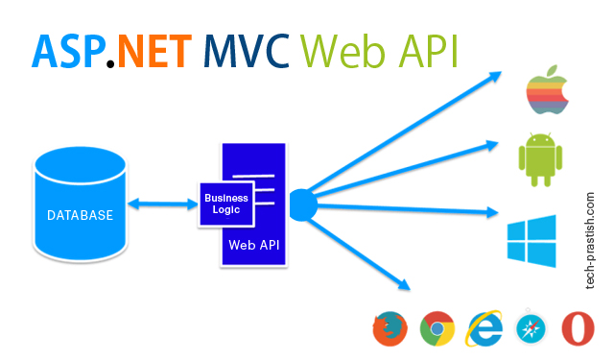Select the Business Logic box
pyautogui.click(x=226, y=204)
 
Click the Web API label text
pyautogui.click(x=254, y=244)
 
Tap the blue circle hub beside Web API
pyautogui.click(x=302, y=204)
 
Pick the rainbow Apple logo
pyautogui.click(x=541, y=90)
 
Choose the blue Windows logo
pyautogui.click(x=532, y=239)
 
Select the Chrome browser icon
pyautogui.click(x=437, y=329)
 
